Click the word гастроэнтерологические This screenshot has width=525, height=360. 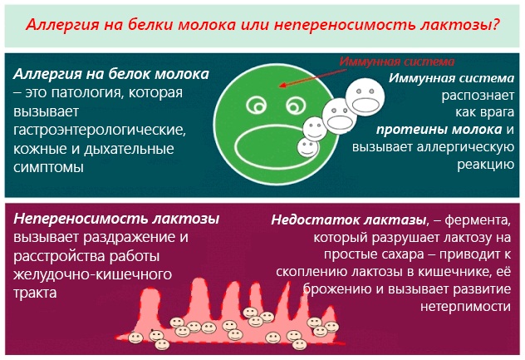tap(100, 130)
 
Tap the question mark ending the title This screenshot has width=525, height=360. tap(496, 24)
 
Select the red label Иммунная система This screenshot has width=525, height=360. tap(397, 62)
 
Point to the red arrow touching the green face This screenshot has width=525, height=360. tap(313, 78)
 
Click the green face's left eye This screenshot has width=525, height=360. tap(257, 105)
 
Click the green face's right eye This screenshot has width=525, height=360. tap(296, 106)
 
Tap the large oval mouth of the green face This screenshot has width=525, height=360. tap(272, 147)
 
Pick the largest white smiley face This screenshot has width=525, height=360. tap(365, 97)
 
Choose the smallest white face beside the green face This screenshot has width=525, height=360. tap(308, 147)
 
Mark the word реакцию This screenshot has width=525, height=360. tap(485, 165)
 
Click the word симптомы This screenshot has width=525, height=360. tap(48, 167)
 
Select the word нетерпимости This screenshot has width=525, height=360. tap(465, 306)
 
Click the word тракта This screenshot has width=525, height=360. tap(35, 293)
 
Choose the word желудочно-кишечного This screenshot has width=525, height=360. tap(92, 274)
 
